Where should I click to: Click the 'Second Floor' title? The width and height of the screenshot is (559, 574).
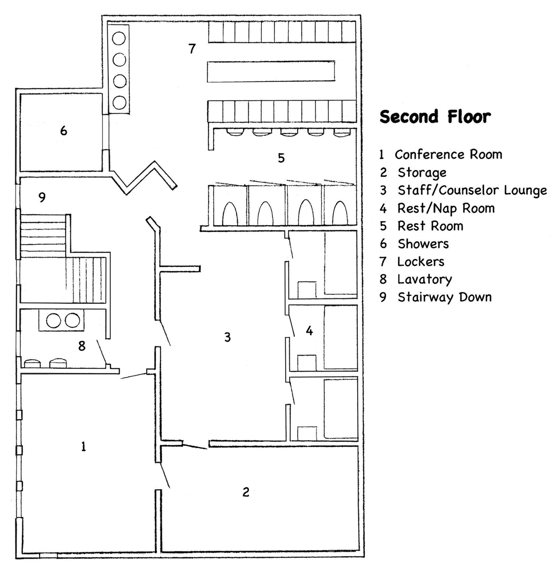click(435, 116)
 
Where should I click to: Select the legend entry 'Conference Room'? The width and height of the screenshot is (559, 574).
click(448, 155)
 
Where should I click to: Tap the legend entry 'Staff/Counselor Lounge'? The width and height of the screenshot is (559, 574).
click(472, 190)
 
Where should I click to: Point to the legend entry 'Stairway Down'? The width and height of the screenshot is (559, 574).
click(444, 297)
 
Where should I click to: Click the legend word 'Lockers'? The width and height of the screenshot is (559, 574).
click(421, 262)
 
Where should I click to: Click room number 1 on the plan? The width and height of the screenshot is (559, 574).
click(83, 447)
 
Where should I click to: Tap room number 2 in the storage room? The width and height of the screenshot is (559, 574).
click(246, 492)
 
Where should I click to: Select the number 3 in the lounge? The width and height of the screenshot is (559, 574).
click(227, 337)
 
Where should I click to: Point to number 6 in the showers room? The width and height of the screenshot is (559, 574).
click(64, 130)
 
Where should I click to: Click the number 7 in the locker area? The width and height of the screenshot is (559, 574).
click(192, 48)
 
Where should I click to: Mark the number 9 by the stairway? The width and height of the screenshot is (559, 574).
click(42, 197)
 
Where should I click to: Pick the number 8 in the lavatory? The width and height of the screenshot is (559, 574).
click(82, 346)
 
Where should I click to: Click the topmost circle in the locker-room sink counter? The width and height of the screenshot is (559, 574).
click(119, 38)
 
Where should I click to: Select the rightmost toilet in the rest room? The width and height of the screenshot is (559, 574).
click(340, 213)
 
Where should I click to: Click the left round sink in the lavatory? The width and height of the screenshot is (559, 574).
click(55, 320)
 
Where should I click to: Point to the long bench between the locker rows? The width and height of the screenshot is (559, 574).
click(271, 72)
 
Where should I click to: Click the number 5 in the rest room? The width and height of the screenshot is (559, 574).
click(281, 158)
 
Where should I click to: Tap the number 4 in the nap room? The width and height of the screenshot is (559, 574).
click(309, 331)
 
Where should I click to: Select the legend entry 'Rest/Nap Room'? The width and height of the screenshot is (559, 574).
click(446, 208)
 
